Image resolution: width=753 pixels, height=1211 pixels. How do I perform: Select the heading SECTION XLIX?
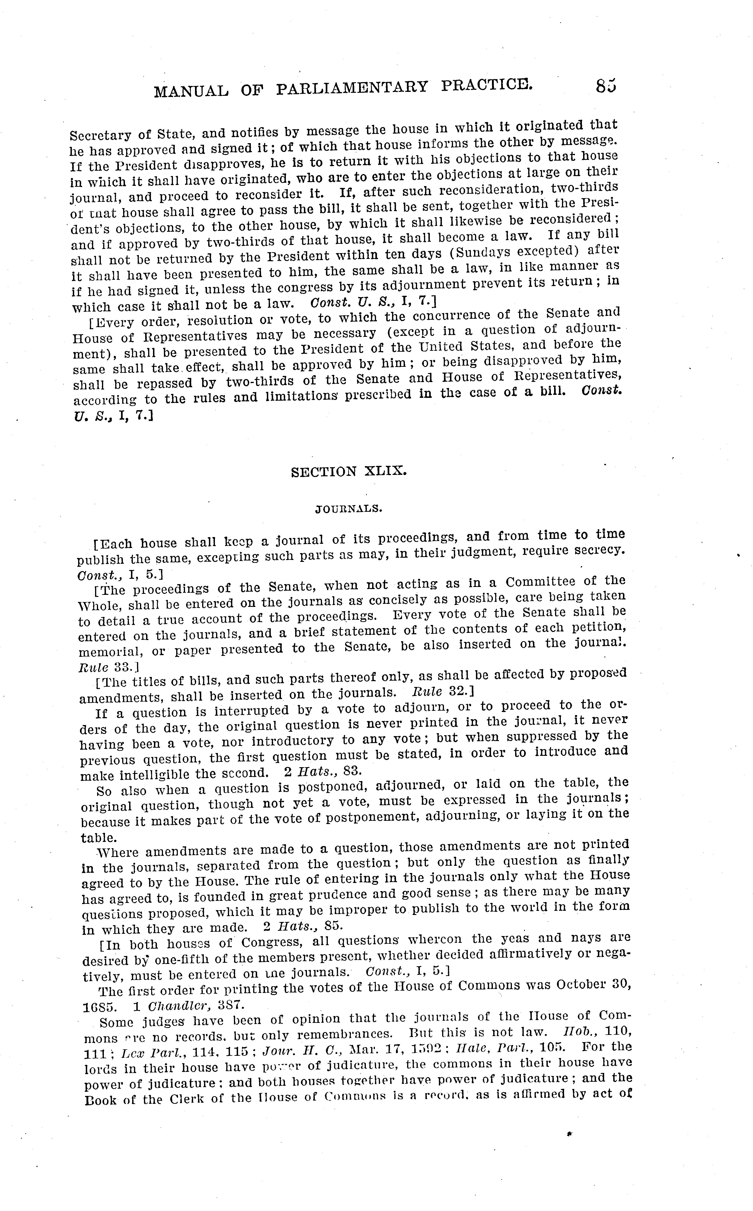349,471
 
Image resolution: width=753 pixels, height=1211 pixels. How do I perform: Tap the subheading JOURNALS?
349,509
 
